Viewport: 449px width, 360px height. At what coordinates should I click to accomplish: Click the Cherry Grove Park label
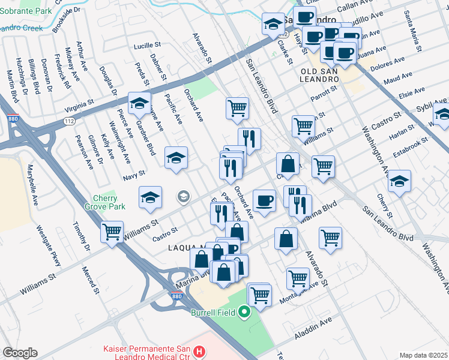108,203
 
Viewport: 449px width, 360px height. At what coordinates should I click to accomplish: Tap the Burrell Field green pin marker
244,312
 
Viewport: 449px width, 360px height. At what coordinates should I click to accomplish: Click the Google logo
20,353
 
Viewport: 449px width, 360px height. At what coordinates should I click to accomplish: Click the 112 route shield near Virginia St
69,121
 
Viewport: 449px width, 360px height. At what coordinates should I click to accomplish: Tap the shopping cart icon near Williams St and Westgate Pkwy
112,232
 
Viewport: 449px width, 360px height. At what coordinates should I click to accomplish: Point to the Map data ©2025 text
423,355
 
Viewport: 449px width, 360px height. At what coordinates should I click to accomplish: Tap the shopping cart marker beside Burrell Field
259,295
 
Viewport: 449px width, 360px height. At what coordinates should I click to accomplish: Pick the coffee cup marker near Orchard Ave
264,200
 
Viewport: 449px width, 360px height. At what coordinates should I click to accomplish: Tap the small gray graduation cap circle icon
183,196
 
